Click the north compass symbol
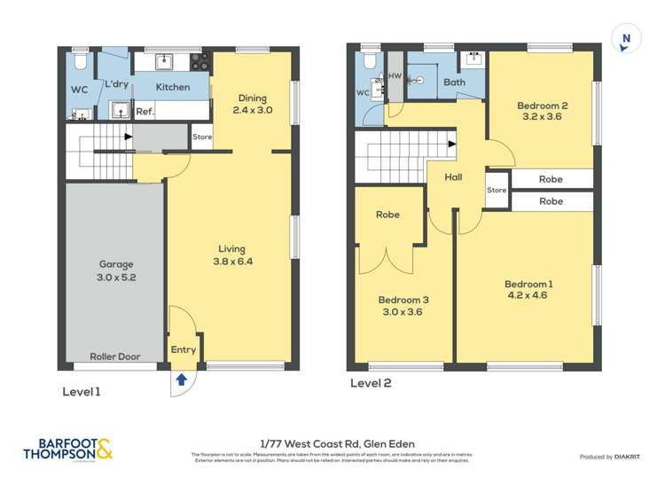point(627,38)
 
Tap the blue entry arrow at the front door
point(183,379)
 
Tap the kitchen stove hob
point(200,62)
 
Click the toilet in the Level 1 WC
point(79,62)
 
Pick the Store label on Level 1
point(202,137)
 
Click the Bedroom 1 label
point(528,289)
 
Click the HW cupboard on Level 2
point(395,77)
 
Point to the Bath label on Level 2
point(454,82)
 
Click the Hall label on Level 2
point(453,177)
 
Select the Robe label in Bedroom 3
point(387,215)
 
